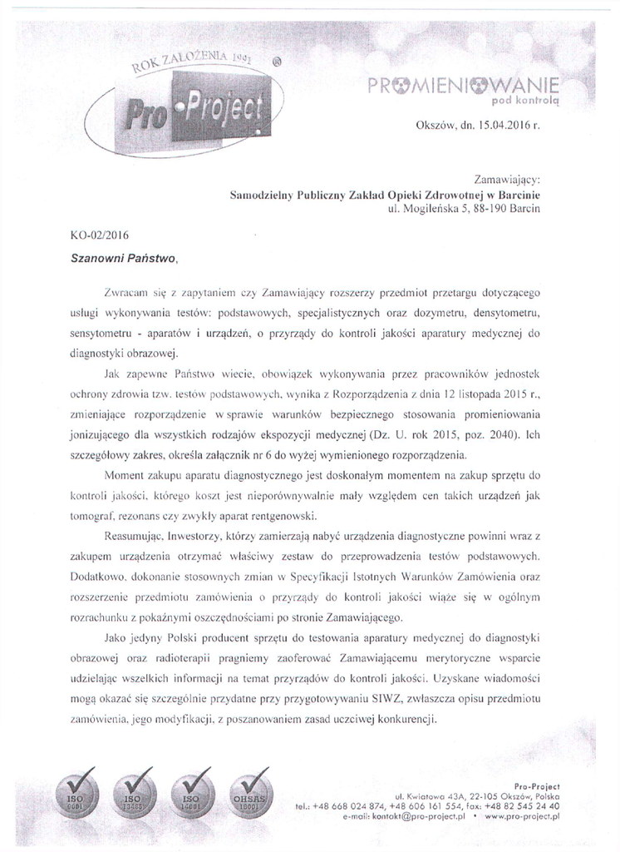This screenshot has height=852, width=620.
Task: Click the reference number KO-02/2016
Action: click(100, 235)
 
